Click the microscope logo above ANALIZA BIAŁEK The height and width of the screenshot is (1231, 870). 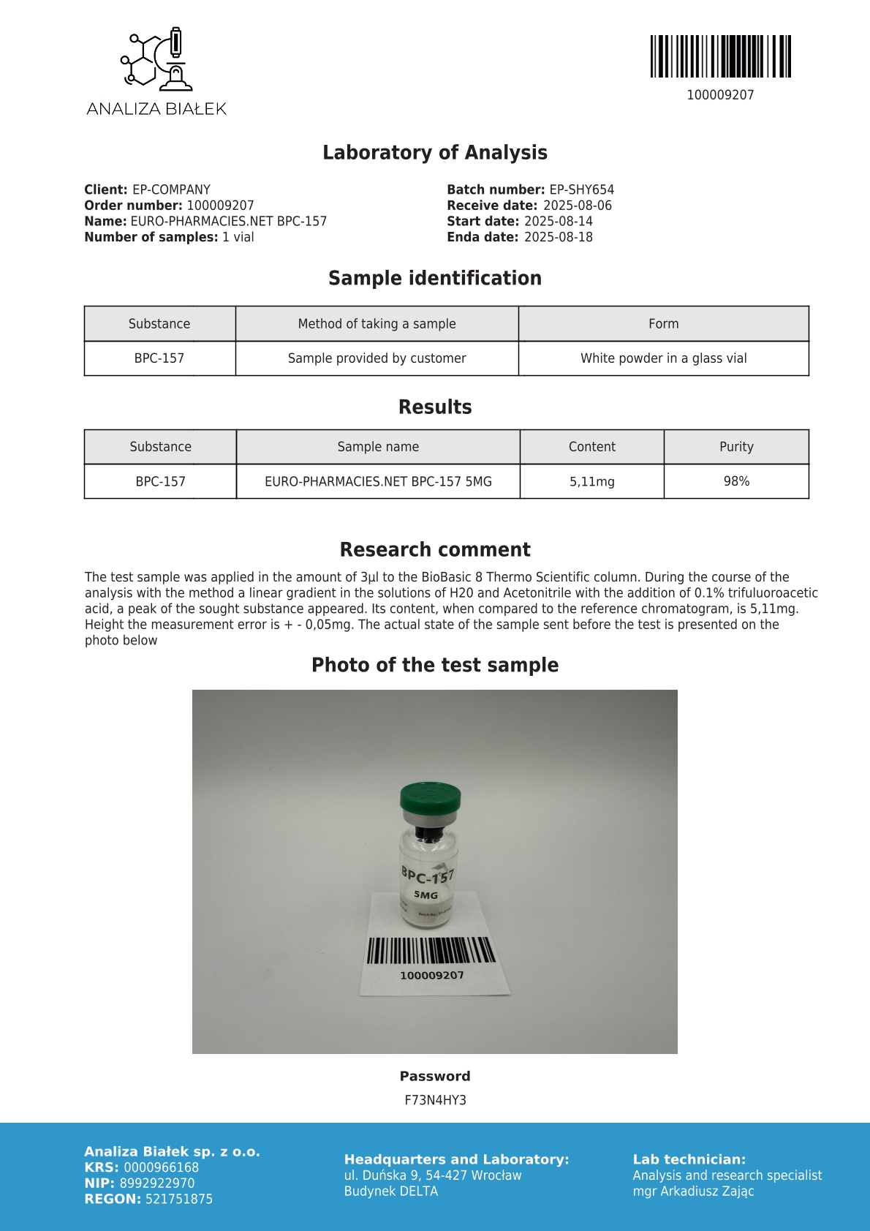tap(156, 59)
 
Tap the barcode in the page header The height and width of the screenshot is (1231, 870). tap(720, 56)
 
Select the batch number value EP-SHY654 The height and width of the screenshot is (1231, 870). tap(581, 189)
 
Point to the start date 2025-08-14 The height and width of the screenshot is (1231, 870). tap(558, 221)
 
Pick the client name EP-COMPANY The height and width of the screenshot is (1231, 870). tap(171, 189)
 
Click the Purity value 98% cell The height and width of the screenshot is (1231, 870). tap(736, 481)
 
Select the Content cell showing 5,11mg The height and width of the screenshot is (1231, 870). tap(591, 482)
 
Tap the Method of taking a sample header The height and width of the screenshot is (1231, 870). tap(377, 323)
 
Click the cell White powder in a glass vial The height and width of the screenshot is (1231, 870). tap(663, 358)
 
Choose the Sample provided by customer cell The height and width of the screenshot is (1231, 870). tap(377, 358)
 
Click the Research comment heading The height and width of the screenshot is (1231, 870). tap(435, 549)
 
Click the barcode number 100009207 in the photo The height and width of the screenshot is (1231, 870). tap(431, 975)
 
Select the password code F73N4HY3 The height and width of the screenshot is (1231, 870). tap(435, 1100)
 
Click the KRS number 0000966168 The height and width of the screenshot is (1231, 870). tap(161, 1167)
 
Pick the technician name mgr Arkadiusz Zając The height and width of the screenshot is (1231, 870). tap(693, 1191)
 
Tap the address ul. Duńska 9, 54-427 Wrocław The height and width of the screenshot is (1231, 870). tap(433, 1175)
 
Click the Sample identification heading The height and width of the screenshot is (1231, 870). tap(435, 278)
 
